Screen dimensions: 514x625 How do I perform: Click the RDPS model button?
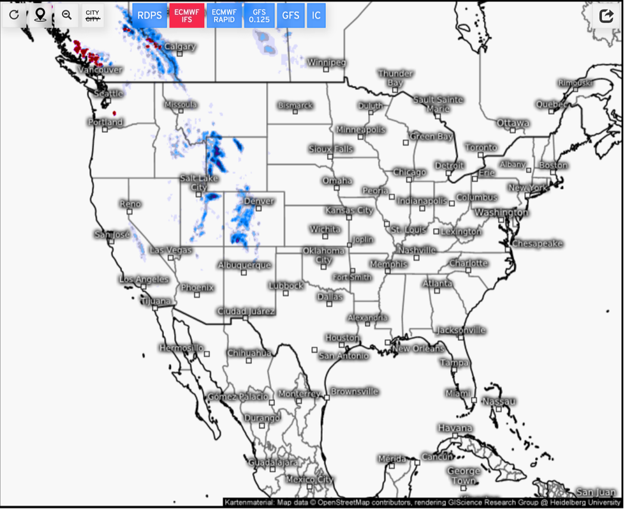click(150, 15)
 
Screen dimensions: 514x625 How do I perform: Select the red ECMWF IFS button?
click(187, 15)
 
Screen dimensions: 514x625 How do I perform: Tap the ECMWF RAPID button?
click(224, 15)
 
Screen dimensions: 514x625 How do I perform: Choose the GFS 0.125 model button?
click(260, 15)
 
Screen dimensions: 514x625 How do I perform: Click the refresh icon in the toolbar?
click(14, 15)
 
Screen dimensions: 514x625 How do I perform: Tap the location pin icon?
click(40, 15)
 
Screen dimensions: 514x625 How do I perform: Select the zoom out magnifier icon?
click(66, 15)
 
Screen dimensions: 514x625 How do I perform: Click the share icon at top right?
click(607, 15)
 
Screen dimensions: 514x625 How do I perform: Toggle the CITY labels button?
click(92, 15)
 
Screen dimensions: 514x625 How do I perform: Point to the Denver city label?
click(259, 201)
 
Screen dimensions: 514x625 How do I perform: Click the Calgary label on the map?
click(180, 47)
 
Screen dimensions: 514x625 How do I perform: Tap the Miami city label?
click(459, 393)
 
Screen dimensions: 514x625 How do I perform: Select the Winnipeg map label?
click(327, 63)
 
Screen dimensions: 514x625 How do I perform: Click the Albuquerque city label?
click(244, 265)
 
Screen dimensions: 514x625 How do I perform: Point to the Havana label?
click(455, 428)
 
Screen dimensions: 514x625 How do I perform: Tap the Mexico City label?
click(309, 479)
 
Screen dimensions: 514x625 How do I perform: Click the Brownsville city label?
click(355, 391)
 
